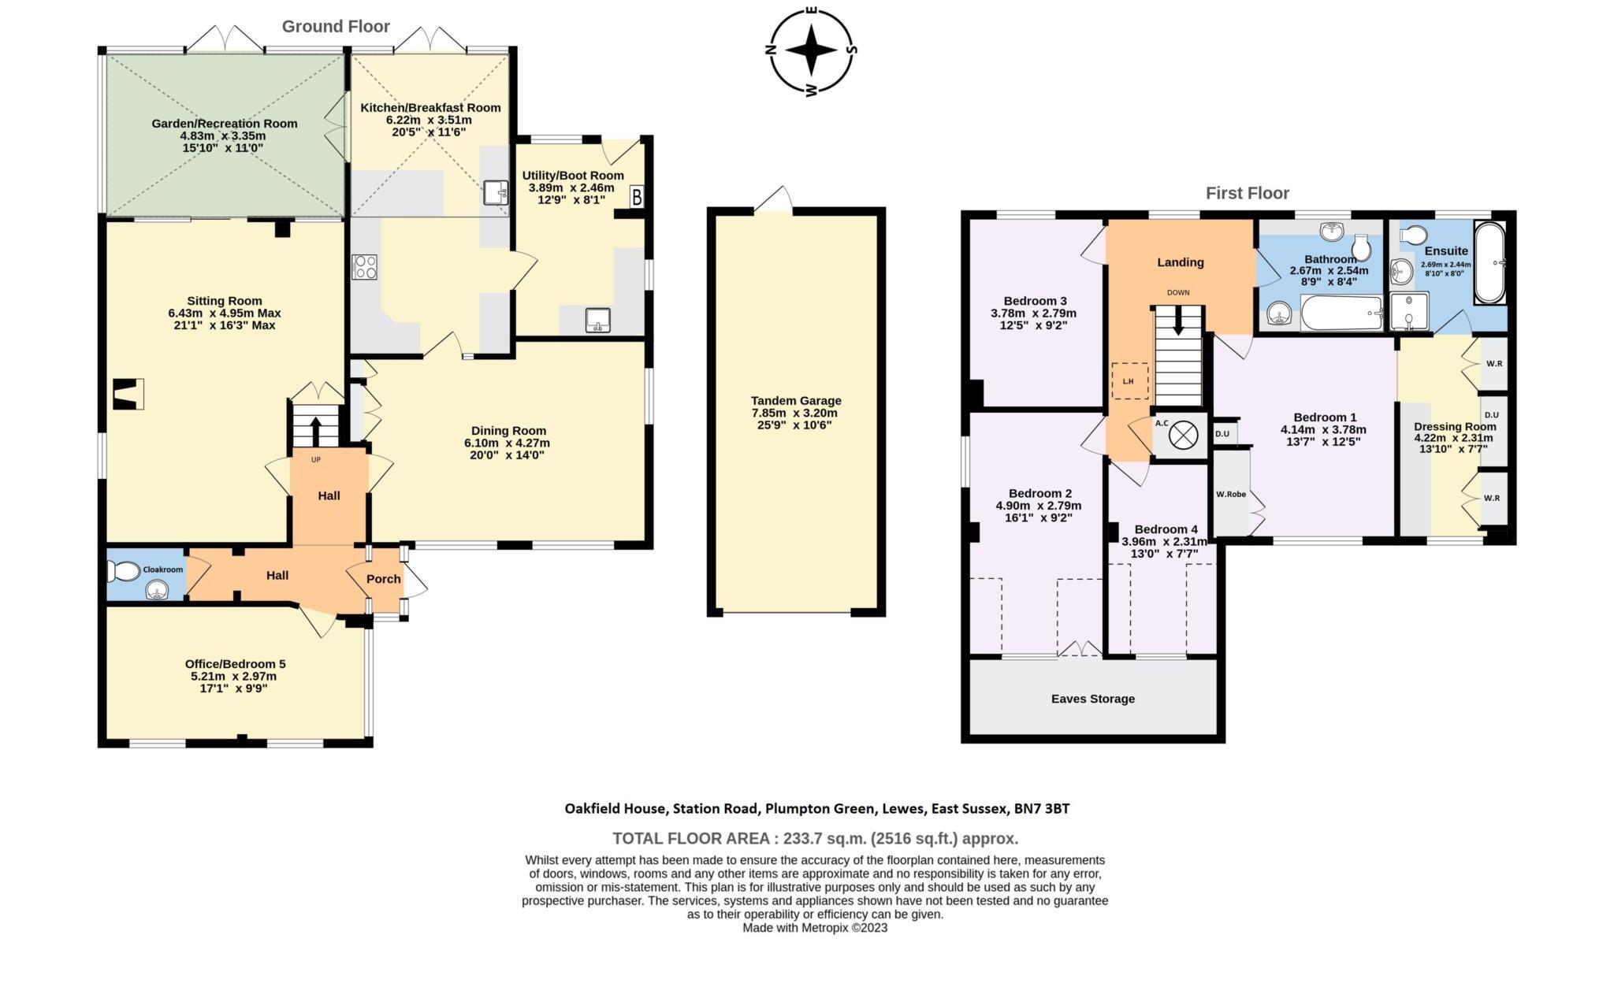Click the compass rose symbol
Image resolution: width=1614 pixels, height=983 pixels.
click(811, 50)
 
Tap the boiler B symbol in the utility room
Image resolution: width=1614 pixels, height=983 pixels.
click(637, 197)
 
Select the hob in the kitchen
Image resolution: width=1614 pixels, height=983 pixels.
click(365, 266)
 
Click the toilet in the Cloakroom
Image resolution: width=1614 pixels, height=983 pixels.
click(125, 570)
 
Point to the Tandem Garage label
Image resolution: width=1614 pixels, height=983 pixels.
click(796, 401)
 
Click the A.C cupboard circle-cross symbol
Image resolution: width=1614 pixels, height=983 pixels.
click(1182, 435)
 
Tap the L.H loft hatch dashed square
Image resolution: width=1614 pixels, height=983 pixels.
click(1129, 381)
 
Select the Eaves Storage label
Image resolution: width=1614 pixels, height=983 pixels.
click(1092, 699)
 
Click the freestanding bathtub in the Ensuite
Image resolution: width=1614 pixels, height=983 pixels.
click(1489, 263)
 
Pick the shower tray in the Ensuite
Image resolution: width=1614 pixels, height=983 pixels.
click(1407, 312)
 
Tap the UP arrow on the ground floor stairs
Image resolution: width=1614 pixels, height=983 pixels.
click(315, 430)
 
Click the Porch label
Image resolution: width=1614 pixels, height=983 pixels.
click(384, 579)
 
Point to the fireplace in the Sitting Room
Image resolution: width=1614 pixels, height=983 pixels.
click(128, 394)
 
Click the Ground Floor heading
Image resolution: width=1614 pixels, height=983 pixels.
click(336, 27)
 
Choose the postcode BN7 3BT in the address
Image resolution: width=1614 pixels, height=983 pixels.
click(1042, 808)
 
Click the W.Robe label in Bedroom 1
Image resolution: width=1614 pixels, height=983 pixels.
click(1230, 495)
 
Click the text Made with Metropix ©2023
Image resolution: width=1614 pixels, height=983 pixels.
click(815, 928)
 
